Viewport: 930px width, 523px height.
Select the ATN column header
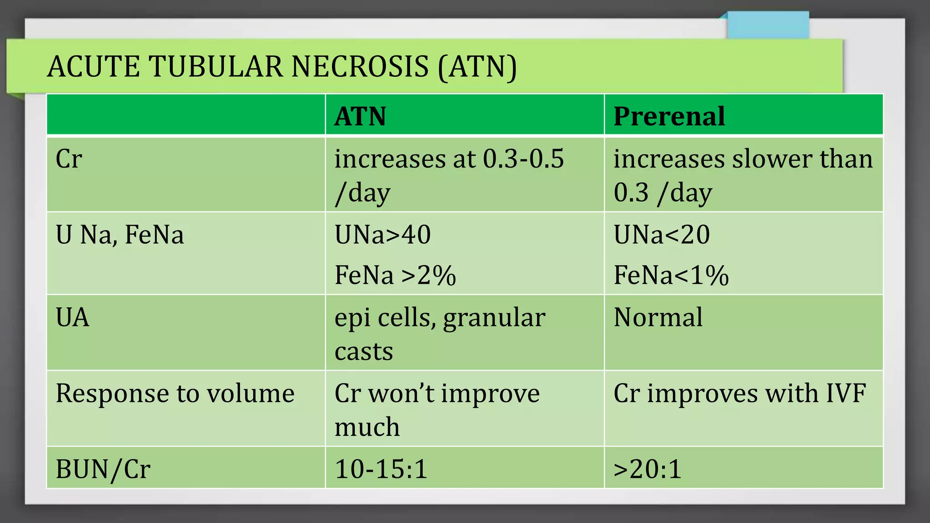click(360, 116)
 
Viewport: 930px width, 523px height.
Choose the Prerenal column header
click(669, 116)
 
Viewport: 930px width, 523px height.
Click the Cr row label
click(69, 159)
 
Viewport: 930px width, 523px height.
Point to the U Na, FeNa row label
click(119, 235)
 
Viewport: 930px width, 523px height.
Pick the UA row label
click(72, 317)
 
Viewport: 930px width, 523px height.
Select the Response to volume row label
click(175, 393)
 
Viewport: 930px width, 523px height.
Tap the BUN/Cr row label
click(103, 469)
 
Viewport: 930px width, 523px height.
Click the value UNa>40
click(382, 235)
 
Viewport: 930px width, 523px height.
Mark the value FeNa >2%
click(395, 275)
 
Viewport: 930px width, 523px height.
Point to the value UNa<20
click(662, 235)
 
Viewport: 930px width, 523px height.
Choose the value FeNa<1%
click(671, 275)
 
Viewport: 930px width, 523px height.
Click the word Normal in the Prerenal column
click(658, 317)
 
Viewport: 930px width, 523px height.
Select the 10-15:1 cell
click(381, 469)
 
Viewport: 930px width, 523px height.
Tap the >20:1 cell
click(648, 469)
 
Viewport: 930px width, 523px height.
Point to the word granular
click(494, 318)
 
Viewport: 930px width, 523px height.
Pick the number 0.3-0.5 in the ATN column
click(523, 159)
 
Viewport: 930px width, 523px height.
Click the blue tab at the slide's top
click(767, 25)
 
